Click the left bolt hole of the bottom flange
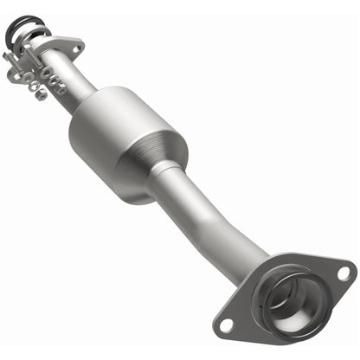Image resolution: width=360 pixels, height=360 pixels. click(x=227, y=325)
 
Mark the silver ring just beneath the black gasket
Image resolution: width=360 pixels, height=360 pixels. click(x=33, y=39)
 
